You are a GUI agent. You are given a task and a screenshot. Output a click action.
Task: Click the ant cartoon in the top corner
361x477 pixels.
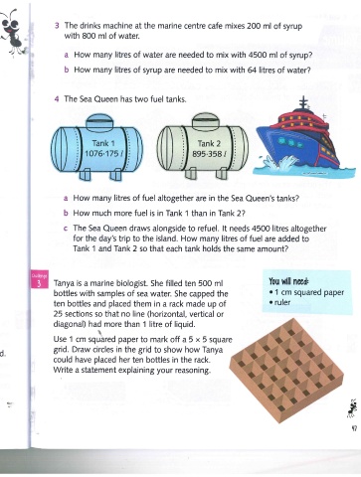(13, 32)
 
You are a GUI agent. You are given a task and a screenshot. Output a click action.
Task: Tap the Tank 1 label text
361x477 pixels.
(102, 143)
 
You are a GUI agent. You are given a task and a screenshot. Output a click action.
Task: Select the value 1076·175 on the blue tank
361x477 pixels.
(102, 154)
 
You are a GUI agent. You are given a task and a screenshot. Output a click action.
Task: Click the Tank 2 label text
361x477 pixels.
(209, 143)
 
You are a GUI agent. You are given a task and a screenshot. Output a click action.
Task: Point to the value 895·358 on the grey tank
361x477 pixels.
(208, 154)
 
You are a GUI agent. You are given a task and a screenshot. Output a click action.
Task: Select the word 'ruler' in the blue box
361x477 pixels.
(282, 302)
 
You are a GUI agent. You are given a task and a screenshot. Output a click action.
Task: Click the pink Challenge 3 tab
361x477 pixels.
(39, 280)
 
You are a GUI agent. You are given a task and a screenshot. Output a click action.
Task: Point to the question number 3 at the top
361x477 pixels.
(57, 26)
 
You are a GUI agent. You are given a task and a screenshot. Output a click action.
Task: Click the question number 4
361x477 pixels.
(57, 98)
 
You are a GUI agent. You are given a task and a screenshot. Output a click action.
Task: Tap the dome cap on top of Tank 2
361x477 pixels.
(206, 121)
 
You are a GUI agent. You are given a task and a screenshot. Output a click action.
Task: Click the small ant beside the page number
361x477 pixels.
(351, 408)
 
